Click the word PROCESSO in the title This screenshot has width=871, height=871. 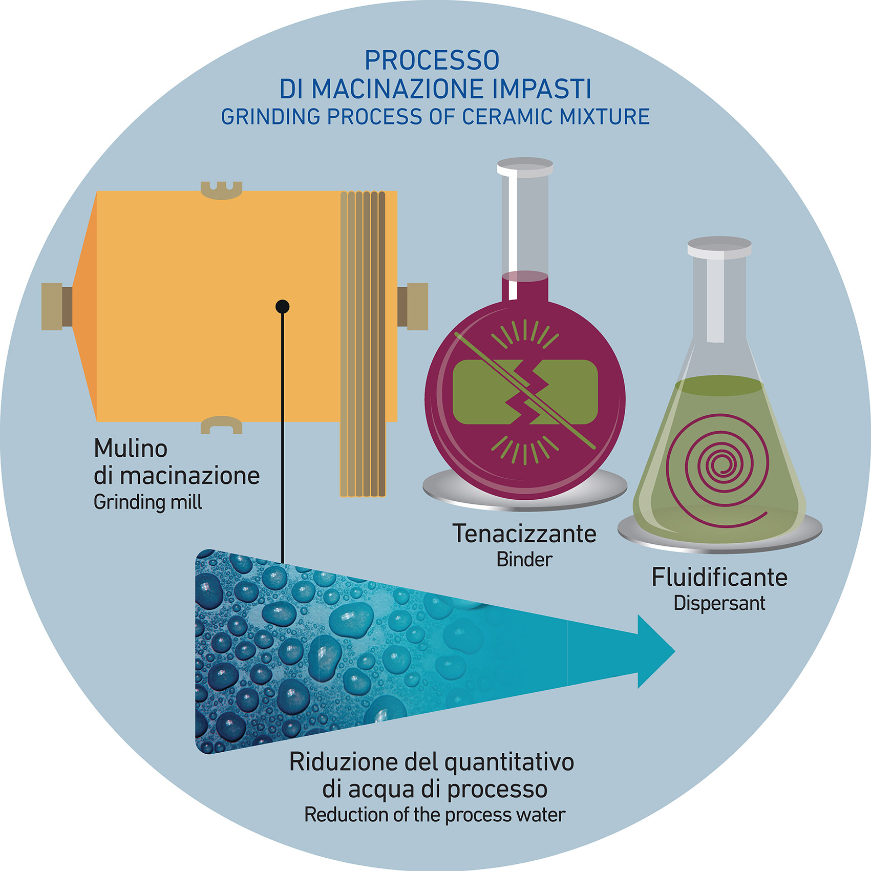coord(432,60)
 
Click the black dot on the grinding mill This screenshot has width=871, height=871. coord(283,307)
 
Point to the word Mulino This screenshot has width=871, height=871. coord(131,449)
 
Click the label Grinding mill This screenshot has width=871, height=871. coord(147,502)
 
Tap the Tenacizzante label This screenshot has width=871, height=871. coord(524,534)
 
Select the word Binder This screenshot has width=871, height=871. coord(524,560)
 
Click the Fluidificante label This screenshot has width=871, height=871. coord(719,577)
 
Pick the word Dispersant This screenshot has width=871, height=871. coord(719,603)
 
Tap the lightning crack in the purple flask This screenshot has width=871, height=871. coord(525,392)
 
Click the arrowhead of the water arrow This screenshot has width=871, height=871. coord(655,652)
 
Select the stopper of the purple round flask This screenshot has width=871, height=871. coord(525,167)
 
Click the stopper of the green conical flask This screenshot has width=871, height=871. coord(719,247)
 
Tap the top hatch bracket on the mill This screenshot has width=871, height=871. coord(221,190)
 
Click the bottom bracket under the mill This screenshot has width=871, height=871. coord(221,425)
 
